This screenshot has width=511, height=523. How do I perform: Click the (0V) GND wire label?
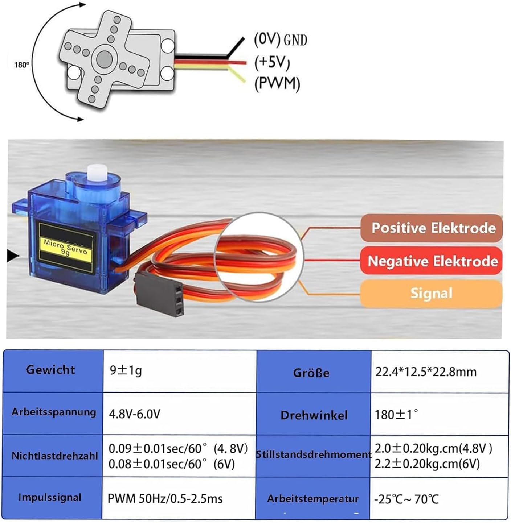(280, 40)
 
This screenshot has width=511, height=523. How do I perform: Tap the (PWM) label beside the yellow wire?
(277, 84)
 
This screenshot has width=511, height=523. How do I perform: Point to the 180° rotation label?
(21, 65)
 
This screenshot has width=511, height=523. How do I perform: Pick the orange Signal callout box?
(431, 293)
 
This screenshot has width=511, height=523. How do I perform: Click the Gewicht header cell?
(51, 370)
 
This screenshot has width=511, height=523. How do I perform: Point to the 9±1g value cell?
(126, 370)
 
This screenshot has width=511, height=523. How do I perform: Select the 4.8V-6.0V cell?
(135, 414)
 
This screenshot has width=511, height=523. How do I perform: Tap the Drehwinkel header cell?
(314, 415)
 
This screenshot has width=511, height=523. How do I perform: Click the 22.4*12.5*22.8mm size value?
(425, 372)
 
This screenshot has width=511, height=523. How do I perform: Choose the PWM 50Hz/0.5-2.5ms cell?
(165, 498)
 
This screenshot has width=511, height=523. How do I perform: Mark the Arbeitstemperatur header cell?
(313, 499)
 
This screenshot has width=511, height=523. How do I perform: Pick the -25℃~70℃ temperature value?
(406, 499)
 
